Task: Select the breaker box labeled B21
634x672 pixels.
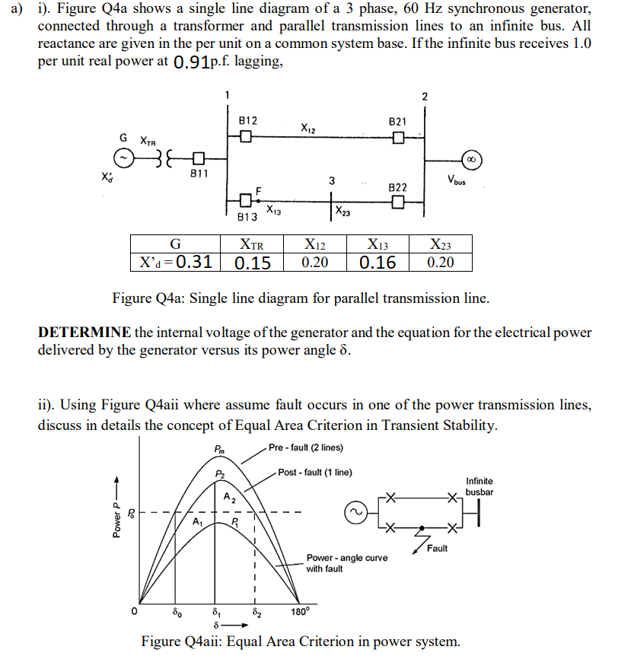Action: pyautogui.click(x=397, y=138)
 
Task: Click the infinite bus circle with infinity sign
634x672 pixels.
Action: pyautogui.click(x=471, y=160)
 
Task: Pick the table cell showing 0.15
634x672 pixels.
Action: pyautogui.click(x=252, y=263)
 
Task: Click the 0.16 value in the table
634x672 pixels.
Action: pyautogui.click(x=378, y=263)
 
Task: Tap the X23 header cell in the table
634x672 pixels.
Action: pyautogui.click(x=440, y=244)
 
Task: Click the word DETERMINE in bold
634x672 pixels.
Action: pyautogui.click(x=84, y=333)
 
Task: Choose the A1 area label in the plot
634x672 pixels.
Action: pyautogui.click(x=198, y=522)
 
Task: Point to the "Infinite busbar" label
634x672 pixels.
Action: pyautogui.click(x=479, y=486)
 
